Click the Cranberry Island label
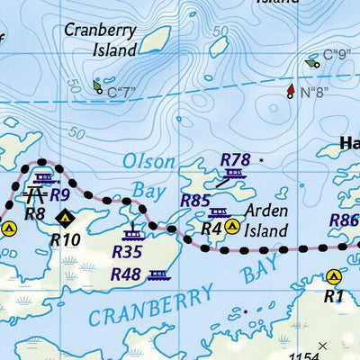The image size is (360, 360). (101, 40)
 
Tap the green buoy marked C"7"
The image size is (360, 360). (97, 86)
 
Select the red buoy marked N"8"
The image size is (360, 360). (291, 91)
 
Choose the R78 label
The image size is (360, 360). (235, 159)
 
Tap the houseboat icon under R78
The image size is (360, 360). (235, 174)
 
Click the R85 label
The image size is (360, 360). (195, 202)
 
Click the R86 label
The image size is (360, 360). (344, 220)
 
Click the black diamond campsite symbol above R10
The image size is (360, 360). (65, 217)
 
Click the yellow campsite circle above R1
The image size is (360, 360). (335, 277)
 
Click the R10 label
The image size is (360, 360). (65, 239)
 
